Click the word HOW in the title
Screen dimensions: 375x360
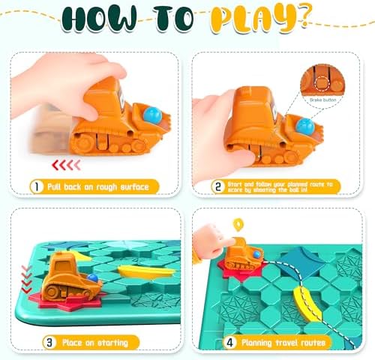(x=99, y=19)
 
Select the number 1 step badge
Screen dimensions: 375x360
(x=37, y=187)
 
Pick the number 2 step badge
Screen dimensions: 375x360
(x=218, y=187)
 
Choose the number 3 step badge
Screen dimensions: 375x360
(x=49, y=342)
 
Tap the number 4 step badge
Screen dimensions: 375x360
(x=229, y=342)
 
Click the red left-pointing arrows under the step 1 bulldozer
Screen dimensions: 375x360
(x=66, y=165)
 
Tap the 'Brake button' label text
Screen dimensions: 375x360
(x=322, y=100)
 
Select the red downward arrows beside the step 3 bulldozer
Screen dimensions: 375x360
(x=26, y=279)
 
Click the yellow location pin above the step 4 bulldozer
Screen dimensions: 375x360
(x=238, y=225)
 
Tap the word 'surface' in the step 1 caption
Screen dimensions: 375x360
(x=134, y=187)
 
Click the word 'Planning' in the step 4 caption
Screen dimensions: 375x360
(x=256, y=343)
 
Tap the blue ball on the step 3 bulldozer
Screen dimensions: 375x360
(x=93, y=277)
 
